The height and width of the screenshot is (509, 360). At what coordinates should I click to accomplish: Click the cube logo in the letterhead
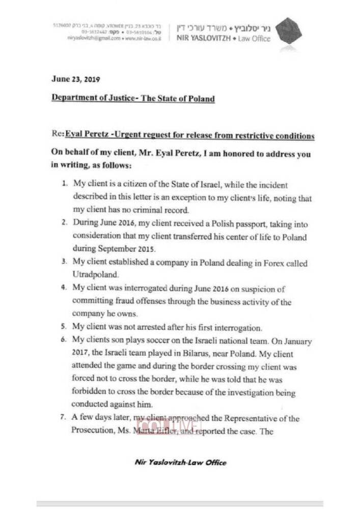coord(289,31)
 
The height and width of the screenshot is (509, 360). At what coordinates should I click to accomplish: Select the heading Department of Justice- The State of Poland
coord(133,98)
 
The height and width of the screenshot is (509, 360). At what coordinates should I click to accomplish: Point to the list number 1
coord(65,184)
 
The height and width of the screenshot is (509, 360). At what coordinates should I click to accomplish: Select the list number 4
coord(64,288)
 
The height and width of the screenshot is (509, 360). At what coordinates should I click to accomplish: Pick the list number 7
coord(64,418)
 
